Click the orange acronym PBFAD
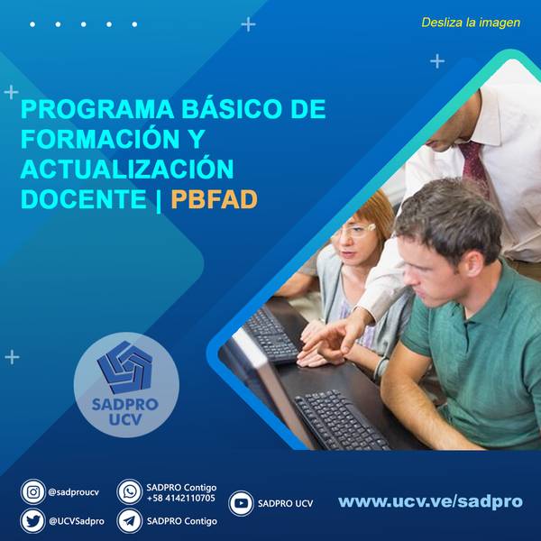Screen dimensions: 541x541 215,199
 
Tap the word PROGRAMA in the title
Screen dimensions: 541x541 97,109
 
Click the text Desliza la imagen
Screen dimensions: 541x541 471,23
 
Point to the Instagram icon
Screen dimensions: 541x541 33,491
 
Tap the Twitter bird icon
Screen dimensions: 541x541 33,521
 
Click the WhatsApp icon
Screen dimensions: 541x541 130,491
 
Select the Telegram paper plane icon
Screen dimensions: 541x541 130,521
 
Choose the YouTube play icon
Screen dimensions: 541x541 241,503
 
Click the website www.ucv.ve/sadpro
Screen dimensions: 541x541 431,501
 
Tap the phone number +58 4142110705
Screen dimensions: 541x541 181,499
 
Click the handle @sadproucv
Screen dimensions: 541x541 74,492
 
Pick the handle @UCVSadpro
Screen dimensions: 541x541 77,521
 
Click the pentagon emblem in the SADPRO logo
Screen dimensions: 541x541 125,367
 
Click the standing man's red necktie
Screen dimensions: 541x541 474,166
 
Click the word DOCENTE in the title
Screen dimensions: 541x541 84,199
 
